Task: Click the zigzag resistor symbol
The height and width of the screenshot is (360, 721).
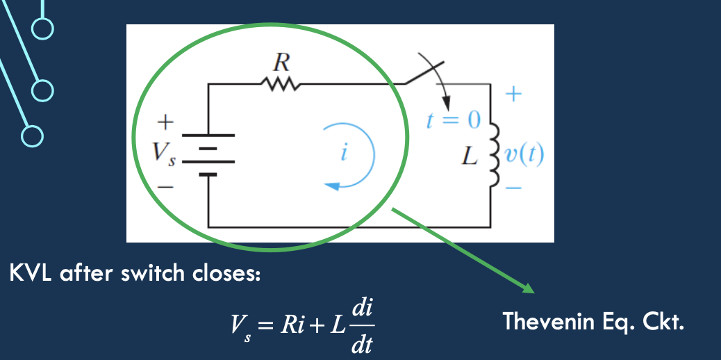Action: point(281,84)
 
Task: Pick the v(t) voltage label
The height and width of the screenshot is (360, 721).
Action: point(525,154)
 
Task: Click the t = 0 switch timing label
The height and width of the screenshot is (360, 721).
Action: point(453,121)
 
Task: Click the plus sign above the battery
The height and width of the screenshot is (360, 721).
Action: point(165,123)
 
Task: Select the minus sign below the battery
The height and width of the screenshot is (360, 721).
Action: point(165,186)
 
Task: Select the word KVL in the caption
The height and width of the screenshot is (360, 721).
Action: point(32,273)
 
